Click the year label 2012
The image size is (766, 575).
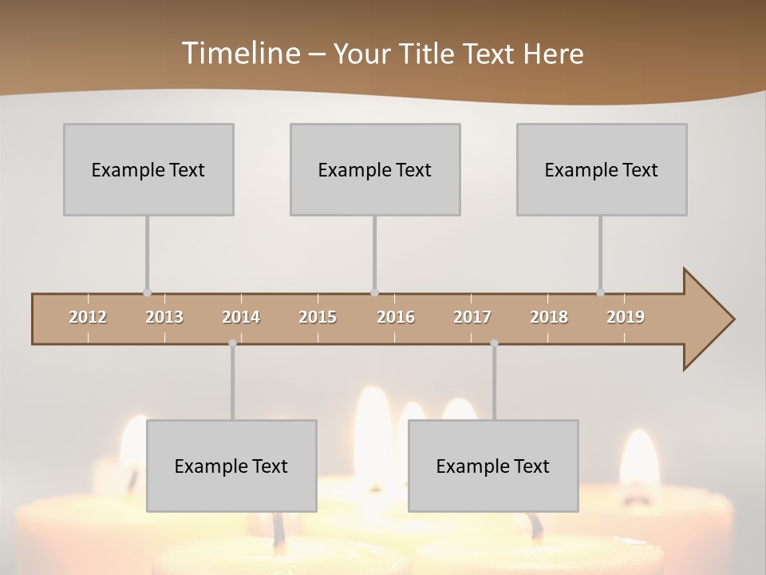[x=88, y=317]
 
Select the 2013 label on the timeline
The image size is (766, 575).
[x=164, y=317]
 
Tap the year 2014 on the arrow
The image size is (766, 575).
[x=241, y=317]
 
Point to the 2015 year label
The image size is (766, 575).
[x=318, y=317]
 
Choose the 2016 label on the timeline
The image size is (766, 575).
[x=396, y=317]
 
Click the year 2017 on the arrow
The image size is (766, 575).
[x=472, y=317]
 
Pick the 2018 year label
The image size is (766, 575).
[x=549, y=317]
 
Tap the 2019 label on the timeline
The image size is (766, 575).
[x=626, y=317]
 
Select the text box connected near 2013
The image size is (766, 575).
[x=148, y=169]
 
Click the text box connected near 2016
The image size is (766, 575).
[x=375, y=169]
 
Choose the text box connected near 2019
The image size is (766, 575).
[x=602, y=169]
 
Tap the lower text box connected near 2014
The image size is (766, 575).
[x=231, y=466]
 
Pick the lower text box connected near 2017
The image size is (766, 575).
[x=493, y=466]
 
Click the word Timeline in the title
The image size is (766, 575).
[x=239, y=53]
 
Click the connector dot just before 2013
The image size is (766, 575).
[x=147, y=292]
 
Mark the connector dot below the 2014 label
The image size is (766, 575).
[x=232, y=343]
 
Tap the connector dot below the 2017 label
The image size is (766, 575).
[x=494, y=343]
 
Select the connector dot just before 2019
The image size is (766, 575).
[x=600, y=292]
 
